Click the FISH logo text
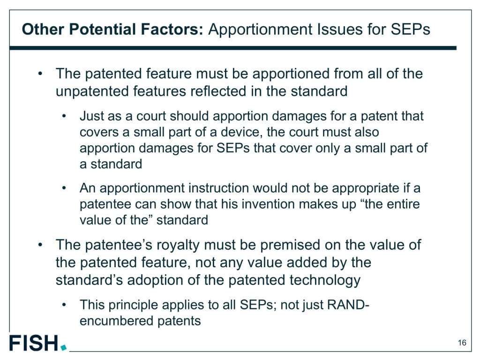pyautogui.click(x=34, y=343)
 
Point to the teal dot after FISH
pyautogui.click(x=63, y=347)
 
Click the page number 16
pyautogui.click(x=462, y=343)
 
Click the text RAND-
pyautogui.click(x=348, y=305)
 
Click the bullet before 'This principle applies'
pyautogui.click(x=64, y=305)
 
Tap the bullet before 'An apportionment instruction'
pyautogui.click(x=64, y=188)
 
